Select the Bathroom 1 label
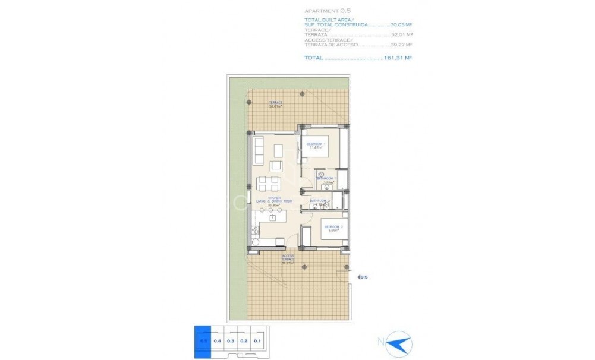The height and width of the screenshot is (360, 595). click(x=327, y=180)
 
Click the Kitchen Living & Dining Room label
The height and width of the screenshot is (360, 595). click(x=273, y=202)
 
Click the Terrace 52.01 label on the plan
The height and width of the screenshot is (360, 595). click(x=275, y=105)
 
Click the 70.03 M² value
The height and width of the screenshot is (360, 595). click(x=402, y=25)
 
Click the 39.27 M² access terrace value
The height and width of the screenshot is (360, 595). click(x=402, y=45)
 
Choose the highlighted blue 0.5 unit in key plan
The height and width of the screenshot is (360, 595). click(x=203, y=340)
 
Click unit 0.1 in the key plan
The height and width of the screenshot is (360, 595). click(x=257, y=340)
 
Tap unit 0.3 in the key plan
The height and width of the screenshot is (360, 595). click(x=231, y=340)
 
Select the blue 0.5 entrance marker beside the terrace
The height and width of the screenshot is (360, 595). click(x=363, y=277)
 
